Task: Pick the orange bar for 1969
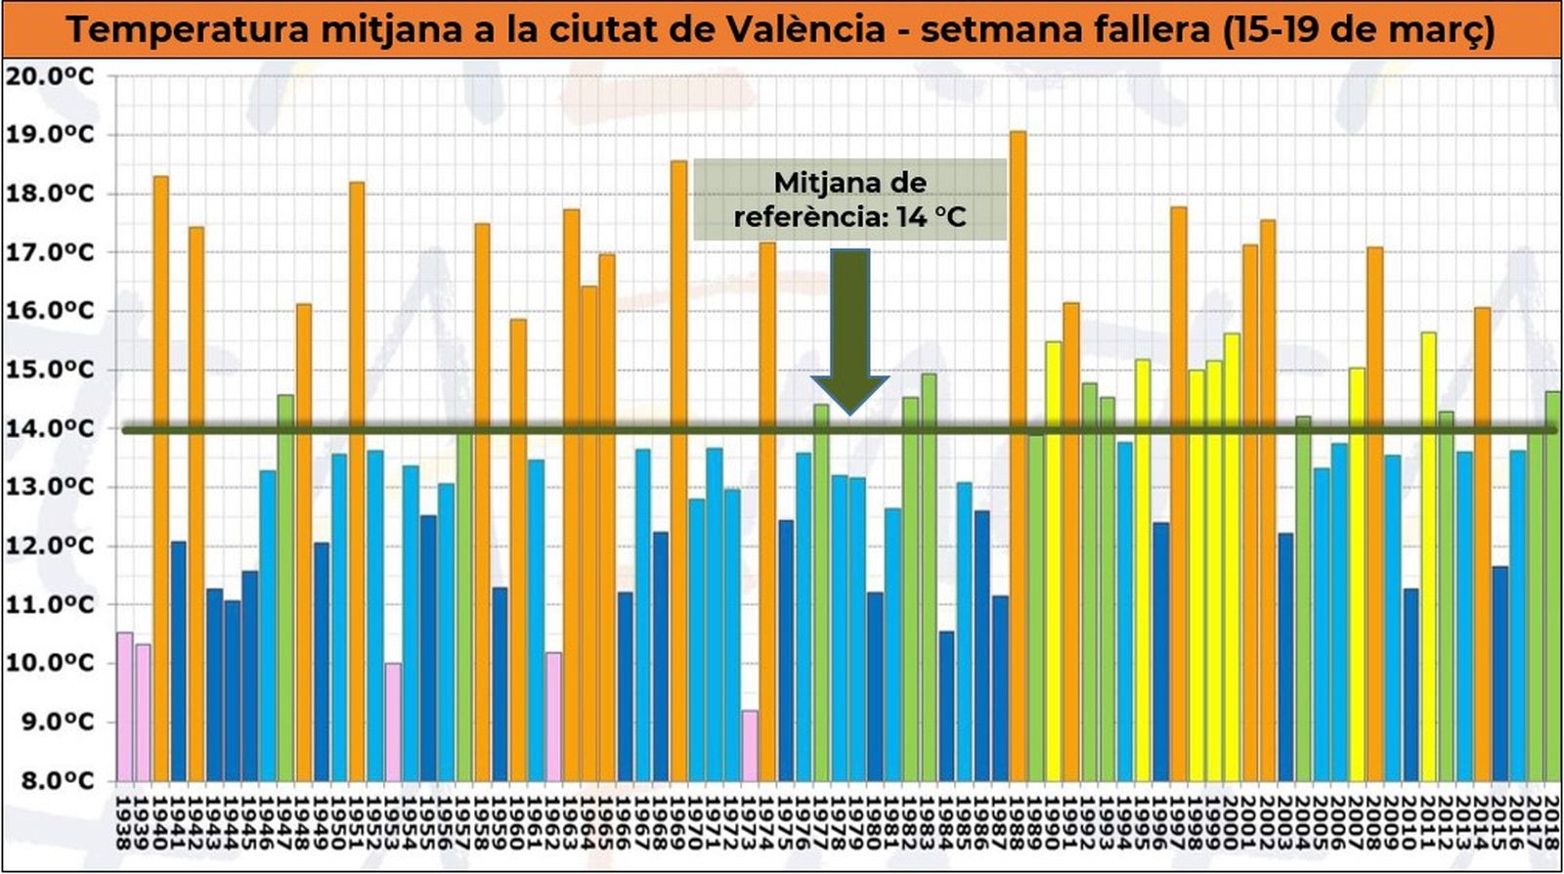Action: (x=678, y=469)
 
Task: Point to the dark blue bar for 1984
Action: (x=946, y=705)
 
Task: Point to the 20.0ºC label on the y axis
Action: (x=51, y=76)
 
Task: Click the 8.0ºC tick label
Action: (x=51, y=780)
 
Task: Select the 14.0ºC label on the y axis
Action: (x=51, y=428)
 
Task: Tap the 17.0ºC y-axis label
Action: (x=51, y=252)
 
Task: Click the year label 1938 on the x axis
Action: (x=124, y=823)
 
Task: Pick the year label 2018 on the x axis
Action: (x=1551, y=823)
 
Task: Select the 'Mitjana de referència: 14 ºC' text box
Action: (x=849, y=199)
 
